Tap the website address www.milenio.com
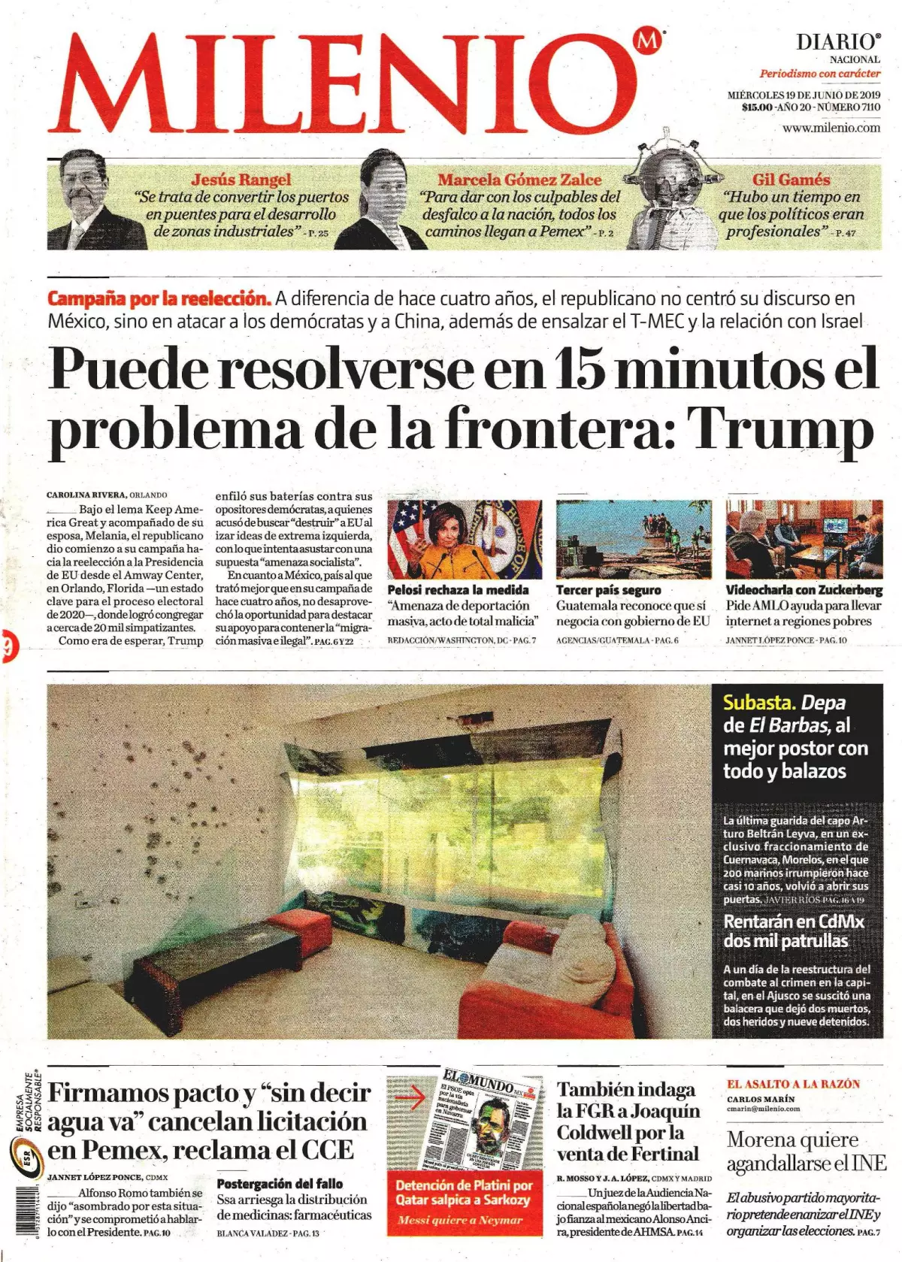coord(831,128)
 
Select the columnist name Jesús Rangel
coord(241,180)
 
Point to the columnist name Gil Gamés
coord(791,180)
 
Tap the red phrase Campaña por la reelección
coord(159,298)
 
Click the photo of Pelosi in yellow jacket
coord(464,540)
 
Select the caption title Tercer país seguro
coord(608,590)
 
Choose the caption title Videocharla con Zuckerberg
coord(804,590)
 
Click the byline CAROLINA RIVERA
coord(86,495)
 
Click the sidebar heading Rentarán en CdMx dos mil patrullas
coord(794,931)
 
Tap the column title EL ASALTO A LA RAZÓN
coord(793,1084)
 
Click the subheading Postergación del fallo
coord(280,1183)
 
